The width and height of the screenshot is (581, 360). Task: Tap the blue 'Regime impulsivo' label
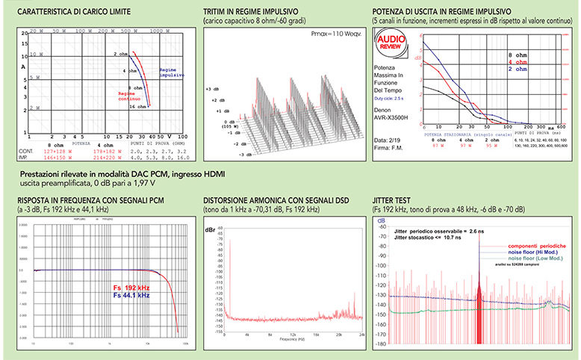click(172, 72)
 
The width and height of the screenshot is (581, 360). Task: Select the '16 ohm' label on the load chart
click(137, 107)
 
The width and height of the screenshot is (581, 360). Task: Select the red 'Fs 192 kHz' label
click(131, 287)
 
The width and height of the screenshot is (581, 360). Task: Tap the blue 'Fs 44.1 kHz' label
click(132, 295)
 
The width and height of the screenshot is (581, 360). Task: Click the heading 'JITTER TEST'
click(391, 201)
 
